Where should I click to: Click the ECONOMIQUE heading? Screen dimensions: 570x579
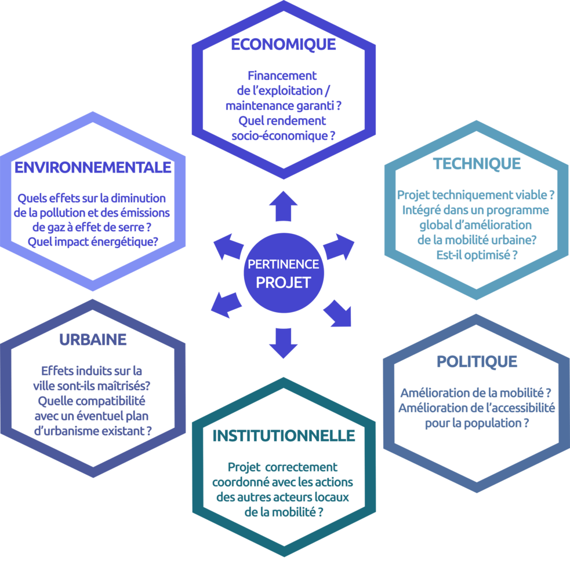pyautogui.click(x=284, y=45)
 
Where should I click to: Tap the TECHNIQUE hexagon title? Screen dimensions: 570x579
pyautogui.click(x=477, y=164)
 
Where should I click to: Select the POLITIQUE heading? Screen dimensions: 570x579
pyautogui.click(x=477, y=361)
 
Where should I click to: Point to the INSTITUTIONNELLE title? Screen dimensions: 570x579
pyautogui.click(x=284, y=436)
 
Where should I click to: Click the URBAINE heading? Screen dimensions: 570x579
pyautogui.click(x=93, y=340)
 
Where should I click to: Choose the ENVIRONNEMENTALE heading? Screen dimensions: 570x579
pyautogui.click(x=93, y=167)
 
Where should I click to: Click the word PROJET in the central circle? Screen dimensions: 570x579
pyautogui.click(x=284, y=283)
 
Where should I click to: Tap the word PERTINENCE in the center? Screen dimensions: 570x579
pyautogui.click(x=284, y=264)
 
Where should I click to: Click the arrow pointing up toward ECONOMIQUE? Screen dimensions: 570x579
pyautogui.click(x=284, y=206)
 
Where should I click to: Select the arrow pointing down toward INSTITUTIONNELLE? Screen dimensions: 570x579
pyautogui.click(x=284, y=343)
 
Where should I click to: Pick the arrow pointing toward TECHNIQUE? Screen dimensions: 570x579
pyautogui.click(x=339, y=247)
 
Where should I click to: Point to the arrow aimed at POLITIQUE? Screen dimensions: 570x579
pyautogui.click(x=337, y=313)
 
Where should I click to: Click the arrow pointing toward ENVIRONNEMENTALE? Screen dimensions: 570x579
pyautogui.click(x=228, y=247)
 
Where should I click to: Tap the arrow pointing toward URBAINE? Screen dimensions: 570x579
pyautogui.click(x=226, y=305)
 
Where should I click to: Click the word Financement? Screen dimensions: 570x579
pyautogui.click(x=282, y=76)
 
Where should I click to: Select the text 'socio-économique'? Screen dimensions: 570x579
pyautogui.click(x=279, y=136)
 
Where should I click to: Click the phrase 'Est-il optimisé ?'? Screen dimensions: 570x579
pyautogui.click(x=477, y=255)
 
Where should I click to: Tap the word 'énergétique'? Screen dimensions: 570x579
pyautogui.click(x=121, y=242)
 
